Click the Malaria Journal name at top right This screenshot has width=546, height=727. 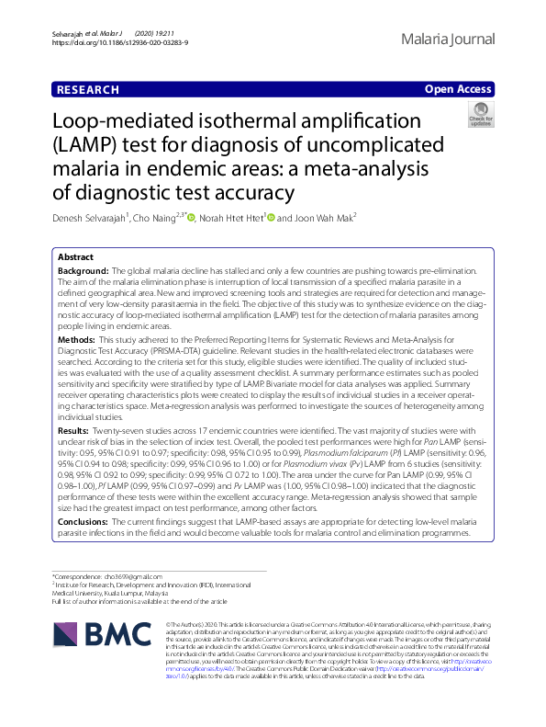click(449, 40)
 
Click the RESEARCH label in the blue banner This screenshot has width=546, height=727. click(87, 89)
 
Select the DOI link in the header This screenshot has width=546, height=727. click(119, 43)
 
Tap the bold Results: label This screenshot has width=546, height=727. click(73, 430)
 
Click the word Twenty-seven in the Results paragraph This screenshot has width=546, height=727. click(119, 430)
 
